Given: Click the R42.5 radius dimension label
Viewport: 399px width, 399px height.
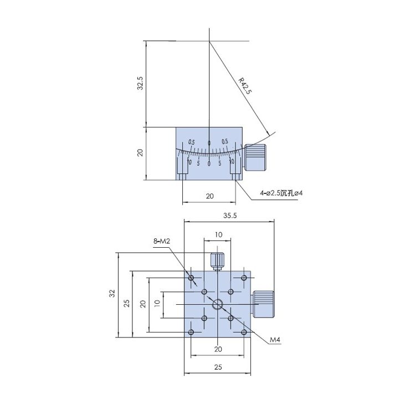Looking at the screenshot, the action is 245,86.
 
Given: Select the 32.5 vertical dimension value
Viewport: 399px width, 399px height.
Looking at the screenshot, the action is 140,83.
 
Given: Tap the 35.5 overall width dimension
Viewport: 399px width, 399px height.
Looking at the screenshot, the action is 230,216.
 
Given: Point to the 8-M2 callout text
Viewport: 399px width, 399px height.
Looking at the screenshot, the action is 162,241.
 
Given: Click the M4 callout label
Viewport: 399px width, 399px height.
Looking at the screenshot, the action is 275,339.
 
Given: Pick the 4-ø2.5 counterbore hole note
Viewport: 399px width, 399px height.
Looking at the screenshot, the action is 282,193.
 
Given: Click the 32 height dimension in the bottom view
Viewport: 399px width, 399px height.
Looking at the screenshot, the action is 112,293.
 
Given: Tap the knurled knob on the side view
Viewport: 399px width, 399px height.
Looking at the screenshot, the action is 255,158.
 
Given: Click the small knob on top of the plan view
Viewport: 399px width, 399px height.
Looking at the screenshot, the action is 217,261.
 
